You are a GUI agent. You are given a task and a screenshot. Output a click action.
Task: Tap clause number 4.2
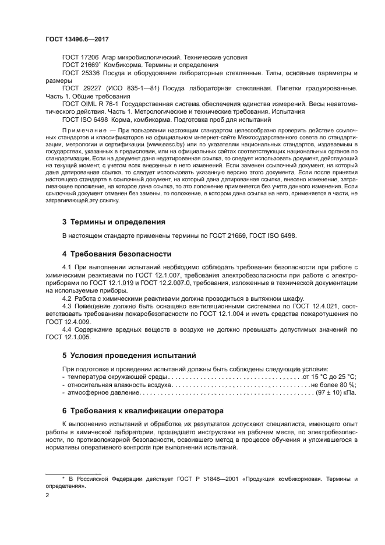pos(68,298)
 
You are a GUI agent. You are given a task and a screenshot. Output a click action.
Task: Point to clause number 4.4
pos(68,329)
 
